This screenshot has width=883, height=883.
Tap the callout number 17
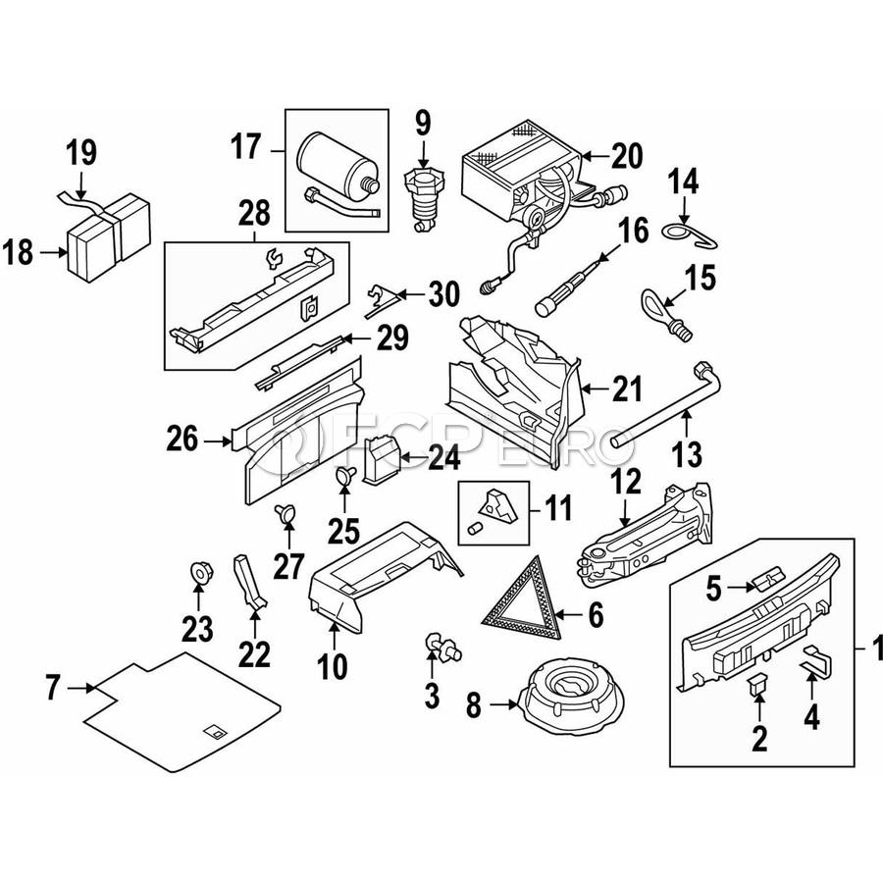click(245, 147)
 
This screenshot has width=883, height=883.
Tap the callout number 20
click(625, 155)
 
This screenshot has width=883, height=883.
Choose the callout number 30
click(443, 294)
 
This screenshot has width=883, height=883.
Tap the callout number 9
click(422, 124)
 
